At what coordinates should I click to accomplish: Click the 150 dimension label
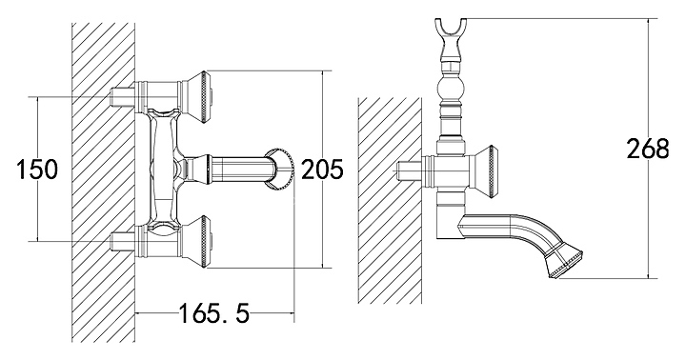point(37,170)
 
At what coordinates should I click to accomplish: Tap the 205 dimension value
point(323,170)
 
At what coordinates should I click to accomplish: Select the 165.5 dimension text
point(214,313)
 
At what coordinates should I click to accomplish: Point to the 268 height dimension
point(648,149)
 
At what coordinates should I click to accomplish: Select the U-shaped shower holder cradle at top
point(450,34)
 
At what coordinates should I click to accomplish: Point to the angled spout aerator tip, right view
point(564,263)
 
